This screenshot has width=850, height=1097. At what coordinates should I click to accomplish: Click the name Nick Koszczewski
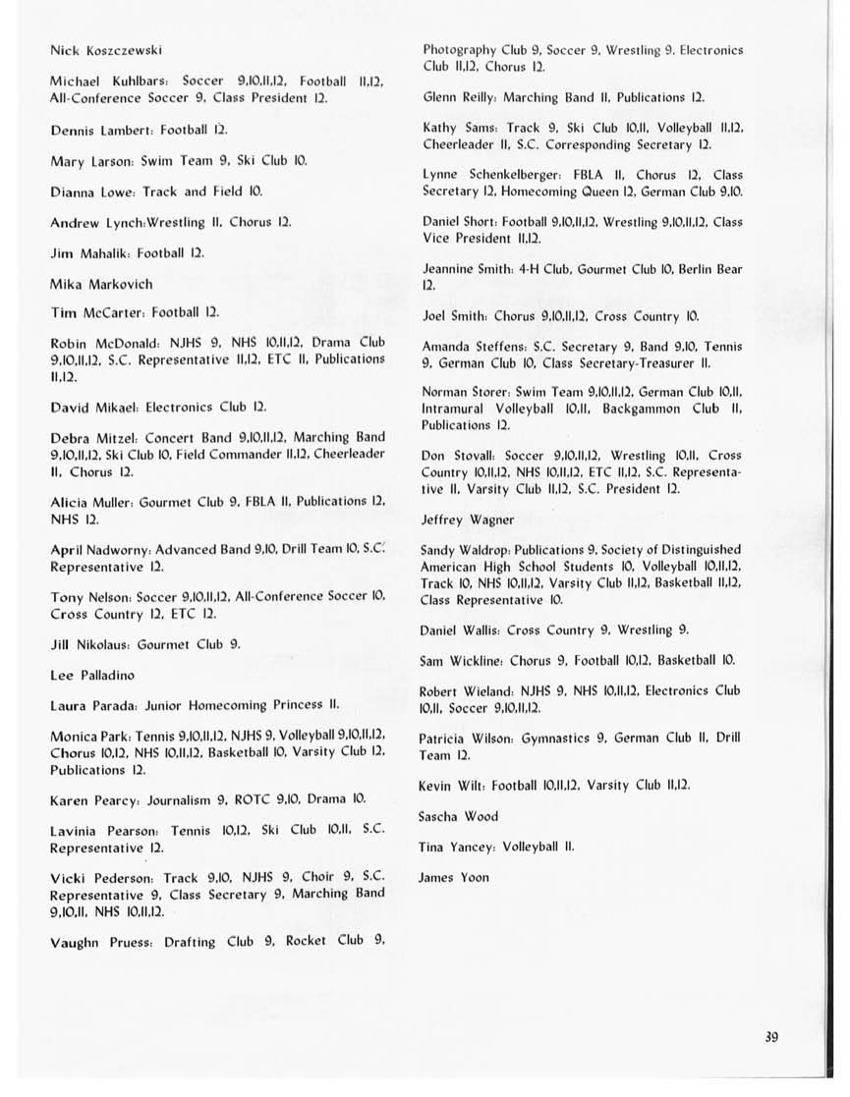click(x=106, y=49)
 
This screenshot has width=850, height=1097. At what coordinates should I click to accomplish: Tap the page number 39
click(x=770, y=1037)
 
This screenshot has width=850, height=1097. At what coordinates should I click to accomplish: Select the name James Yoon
click(x=453, y=877)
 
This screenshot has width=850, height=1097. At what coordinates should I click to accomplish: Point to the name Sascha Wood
click(x=458, y=816)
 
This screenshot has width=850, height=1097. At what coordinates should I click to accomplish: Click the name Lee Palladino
click(x=92, y=676)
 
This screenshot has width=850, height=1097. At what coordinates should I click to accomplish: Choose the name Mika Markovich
click(x=101, y=284)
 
